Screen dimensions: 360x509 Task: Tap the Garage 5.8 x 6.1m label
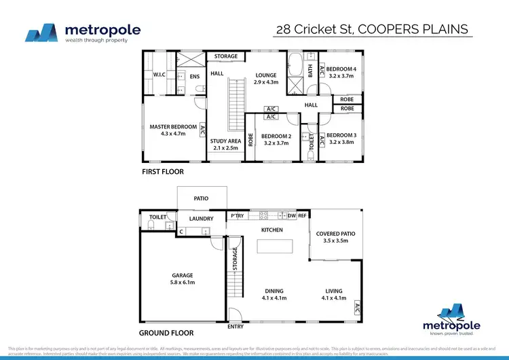(183, 278)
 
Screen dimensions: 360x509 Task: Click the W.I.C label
(159, 75)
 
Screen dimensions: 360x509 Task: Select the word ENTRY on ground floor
(235, 327)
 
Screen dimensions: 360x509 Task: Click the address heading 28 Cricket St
(373, 30)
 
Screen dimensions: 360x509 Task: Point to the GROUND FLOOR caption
(166, 334)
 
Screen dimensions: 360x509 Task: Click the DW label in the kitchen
(291, 215)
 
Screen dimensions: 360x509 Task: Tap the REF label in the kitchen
(302, 215)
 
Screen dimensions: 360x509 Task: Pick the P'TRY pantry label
(237, 215)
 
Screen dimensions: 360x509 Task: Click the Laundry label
(202, 219)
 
